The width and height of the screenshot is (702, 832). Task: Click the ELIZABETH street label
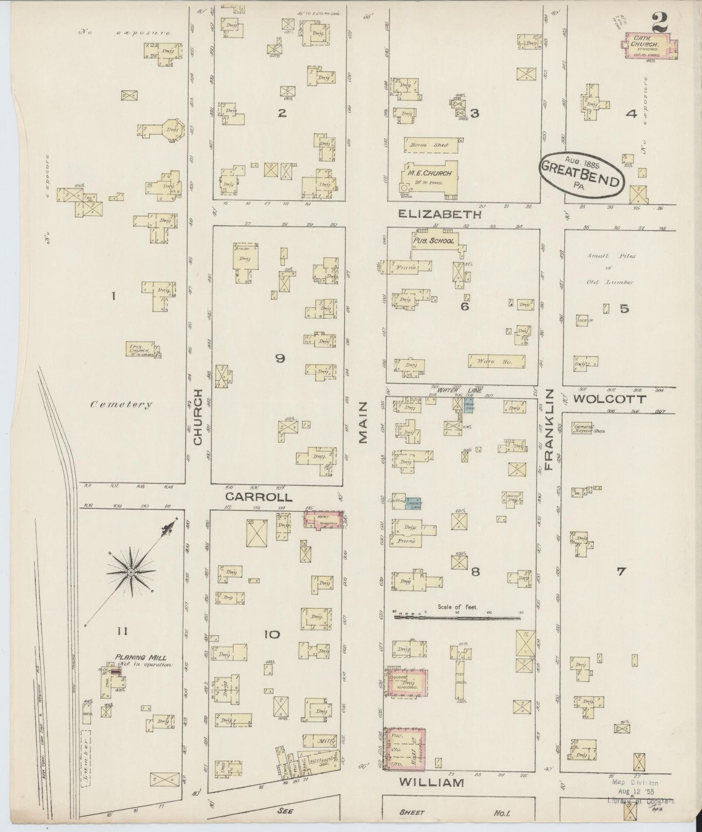tap(440, 214)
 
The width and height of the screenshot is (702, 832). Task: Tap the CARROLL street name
tap(259, 497)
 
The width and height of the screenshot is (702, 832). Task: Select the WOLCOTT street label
tap(610, 399)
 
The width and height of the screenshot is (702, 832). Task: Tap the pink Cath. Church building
tap(649, 46)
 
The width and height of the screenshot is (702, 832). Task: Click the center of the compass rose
tap(131, 573)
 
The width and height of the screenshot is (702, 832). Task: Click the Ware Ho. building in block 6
tap(497, 362)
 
